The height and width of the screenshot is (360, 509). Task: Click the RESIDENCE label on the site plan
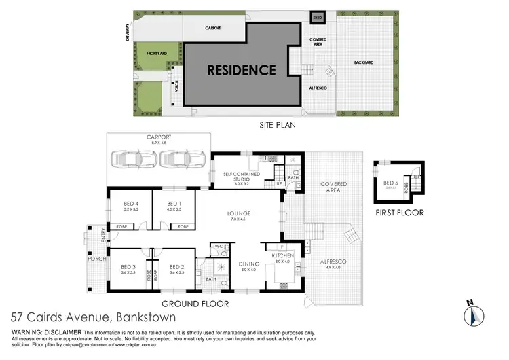pos(242,70)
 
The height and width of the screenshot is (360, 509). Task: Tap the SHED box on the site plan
pos(318,17)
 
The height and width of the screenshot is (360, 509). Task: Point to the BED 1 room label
pos(174,204)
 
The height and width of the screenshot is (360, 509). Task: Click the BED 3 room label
pos(128,267)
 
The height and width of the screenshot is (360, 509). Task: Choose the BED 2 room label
pos(177,267)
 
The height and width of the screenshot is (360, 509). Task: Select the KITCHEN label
pos(282,257)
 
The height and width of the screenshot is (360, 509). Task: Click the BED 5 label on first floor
pos(391,183)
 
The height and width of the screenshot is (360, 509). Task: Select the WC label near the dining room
pos(219,246)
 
